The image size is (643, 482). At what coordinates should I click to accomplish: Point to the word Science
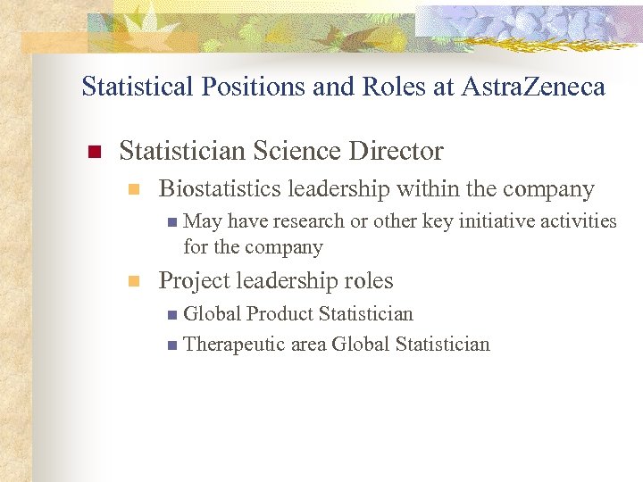(x=312, y=152)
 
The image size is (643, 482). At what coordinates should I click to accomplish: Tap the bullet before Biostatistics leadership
(x=133, y=189)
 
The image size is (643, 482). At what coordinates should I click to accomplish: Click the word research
(x=310, y=221)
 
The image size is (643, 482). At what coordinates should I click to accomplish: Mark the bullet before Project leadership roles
(x=133, y=281)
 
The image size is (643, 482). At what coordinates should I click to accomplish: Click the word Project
(x=191, y=281)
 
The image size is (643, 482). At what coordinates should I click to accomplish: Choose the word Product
(x=280, y=314)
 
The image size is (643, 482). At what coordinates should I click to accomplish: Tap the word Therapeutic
(x=234, y=345)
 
